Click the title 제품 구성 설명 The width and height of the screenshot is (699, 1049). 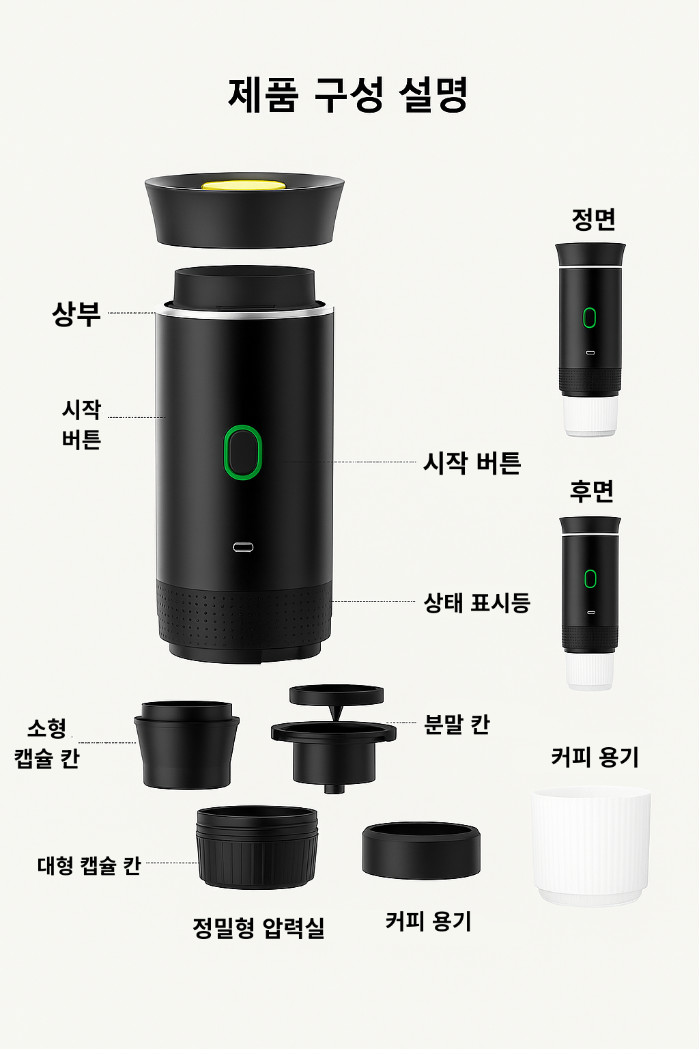click(348, 94)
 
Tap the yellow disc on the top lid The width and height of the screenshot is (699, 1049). click(244, 185)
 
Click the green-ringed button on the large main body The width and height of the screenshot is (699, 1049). click(243, 452)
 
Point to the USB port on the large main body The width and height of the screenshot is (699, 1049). click(243, 547)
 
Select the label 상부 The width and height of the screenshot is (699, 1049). click(76, 313)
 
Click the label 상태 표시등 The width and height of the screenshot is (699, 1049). click(476, 603)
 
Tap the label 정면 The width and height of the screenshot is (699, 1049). click(593, 219)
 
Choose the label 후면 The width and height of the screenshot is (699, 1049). click(592, 491)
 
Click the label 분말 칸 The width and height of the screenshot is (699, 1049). click(457, 724)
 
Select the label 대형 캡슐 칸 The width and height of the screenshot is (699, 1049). click(89, 865)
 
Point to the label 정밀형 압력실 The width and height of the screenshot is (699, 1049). click(258, 927)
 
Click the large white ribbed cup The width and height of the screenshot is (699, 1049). click(591, 847)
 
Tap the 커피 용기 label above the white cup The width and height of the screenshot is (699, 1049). click(595, 757)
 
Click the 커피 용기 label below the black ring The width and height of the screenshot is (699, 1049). click(428, 921)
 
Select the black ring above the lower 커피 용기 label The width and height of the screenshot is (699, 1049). click(421, 851)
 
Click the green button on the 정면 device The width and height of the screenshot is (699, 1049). click(589, 318)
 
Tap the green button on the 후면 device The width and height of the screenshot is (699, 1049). click(590, 578)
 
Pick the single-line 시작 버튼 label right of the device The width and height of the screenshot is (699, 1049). click(472, 463)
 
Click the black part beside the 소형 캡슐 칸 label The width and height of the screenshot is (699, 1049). click(187, 744)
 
